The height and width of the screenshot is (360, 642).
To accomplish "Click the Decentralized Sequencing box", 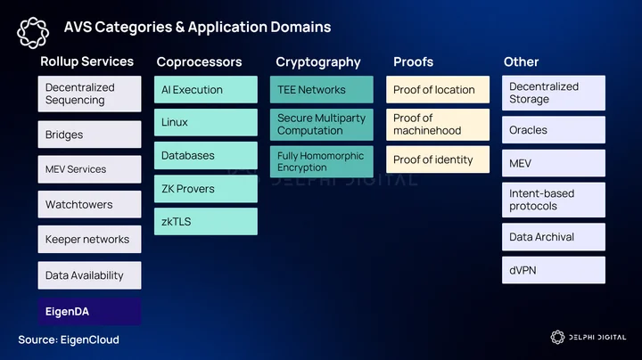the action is [90, 94].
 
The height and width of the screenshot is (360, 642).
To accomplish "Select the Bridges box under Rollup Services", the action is [90, 135].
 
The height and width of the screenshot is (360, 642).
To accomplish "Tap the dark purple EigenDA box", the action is [90, 311].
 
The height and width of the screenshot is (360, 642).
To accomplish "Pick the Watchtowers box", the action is [90, 204].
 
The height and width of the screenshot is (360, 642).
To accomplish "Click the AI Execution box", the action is [206, 89].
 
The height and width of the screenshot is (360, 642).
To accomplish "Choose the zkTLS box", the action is [206, 221].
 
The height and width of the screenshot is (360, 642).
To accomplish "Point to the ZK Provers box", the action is [206, 189].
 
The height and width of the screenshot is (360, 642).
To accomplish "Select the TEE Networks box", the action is [322, 89].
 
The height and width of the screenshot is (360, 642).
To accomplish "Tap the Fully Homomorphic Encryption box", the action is [322, 161].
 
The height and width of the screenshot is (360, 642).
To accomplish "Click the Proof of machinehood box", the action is [438, 125].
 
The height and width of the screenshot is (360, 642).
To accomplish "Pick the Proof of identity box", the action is [438, 160].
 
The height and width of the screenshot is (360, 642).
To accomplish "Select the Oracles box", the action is [554, 130].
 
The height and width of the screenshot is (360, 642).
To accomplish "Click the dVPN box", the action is [554, 270].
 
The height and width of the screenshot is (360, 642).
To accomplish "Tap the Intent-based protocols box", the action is [554, 200].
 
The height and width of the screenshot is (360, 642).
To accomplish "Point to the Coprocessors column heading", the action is [200, 61].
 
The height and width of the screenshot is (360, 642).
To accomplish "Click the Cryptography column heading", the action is [318, 62].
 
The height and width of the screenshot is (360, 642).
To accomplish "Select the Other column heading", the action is [522, 61].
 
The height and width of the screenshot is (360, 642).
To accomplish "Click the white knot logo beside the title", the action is [33, 33].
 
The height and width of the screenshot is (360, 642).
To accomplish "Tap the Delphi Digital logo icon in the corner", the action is [557, 337].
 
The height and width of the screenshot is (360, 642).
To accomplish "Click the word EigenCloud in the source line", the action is [90, 340].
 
